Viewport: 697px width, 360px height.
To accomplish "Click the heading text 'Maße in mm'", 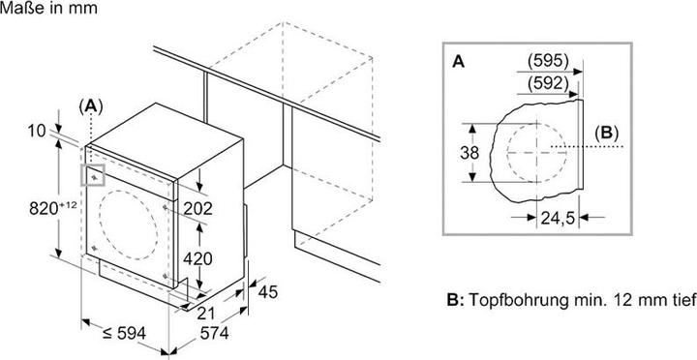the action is tap(48, 8).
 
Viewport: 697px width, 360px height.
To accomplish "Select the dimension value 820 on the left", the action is tap(43, 208).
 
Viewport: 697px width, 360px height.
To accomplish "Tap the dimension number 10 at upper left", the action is tap(37, 131).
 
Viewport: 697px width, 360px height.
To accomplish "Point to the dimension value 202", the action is tap(198, 208).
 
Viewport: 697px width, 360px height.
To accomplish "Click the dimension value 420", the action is tap(198, 258).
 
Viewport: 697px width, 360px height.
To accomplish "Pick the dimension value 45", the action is tap(267, 292).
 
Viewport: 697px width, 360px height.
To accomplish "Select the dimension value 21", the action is tap(206, 314).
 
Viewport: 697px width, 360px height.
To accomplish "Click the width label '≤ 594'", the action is tap(124, 333).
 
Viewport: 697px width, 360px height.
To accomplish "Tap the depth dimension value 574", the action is tap(214, 333).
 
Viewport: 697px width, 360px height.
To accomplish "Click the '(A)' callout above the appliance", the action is tap(91, 105).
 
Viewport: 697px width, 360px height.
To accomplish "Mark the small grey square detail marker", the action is tap(93, 174).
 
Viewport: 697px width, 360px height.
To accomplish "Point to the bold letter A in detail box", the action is tap(458, 62).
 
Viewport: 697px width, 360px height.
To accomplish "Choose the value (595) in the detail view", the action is tap(548, 61).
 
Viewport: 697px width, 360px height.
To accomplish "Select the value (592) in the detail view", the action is tap(548, 83).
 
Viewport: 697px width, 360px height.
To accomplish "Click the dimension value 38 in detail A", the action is tap(470, 153).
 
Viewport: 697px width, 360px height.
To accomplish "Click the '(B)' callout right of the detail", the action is tap(606, 134).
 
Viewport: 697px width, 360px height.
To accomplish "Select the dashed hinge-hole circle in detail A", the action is tap(536, 123).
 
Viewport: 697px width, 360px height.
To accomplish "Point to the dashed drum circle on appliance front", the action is tap(129, 191).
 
